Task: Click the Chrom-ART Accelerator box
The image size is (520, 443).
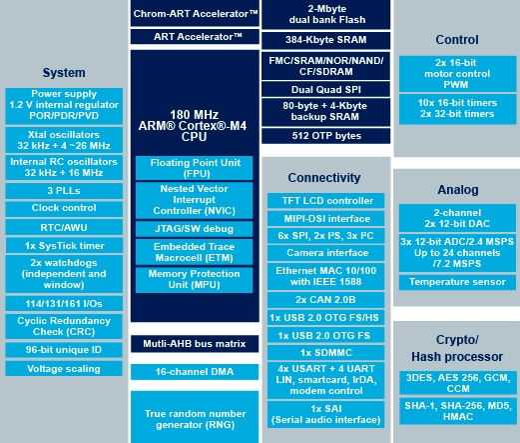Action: tap(195, 13)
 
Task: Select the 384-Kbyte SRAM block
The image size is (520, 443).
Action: tap(325, 40)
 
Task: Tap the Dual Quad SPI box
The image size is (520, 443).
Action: tap(325, 89)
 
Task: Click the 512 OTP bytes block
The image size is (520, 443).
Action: tap(325, 136)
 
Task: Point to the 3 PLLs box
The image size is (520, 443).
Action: tap(64, 191)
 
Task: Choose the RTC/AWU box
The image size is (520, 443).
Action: tap(64, 227)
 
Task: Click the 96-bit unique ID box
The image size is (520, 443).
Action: tap(64, 350)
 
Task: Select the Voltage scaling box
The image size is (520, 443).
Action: tap(64, 369)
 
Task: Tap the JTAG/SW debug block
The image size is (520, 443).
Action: tap(194, 229)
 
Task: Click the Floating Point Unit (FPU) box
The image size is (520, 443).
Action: tap(194, 168)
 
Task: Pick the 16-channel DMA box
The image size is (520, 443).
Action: tap(195, 372)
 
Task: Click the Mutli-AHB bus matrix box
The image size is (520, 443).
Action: tap(195, 344)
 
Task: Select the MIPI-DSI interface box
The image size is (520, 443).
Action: tap(325, 219)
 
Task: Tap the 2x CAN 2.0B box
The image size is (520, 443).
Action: tap(325, 300)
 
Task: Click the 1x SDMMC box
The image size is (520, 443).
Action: tap(325, 353)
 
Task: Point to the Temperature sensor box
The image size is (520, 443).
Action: tap(457, 282)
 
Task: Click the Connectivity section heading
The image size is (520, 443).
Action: tap(324, 178)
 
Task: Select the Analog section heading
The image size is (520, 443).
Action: tap(458, 190)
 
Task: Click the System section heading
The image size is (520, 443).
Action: tap(64, 73)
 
